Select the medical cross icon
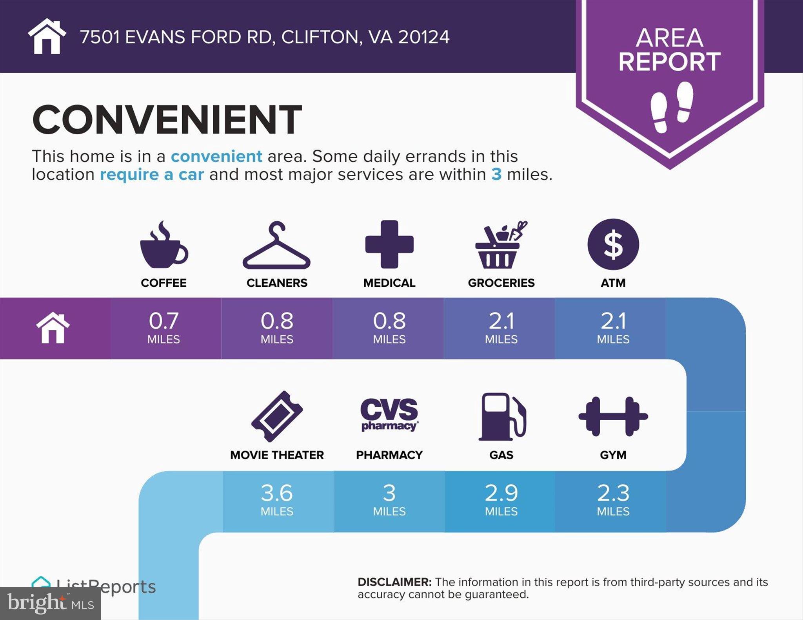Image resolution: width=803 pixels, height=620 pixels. pyautogui.click(x=389, y=244)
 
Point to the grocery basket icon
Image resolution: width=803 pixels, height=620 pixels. pyautogui.click(x=501, y=245)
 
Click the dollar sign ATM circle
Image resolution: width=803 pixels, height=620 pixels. pyautogui.click(x=613, y=244)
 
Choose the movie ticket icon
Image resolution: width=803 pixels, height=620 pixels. pyautogui.click(x=277, y=416)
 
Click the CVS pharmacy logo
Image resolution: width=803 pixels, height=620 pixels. pyautogui.click(x=389, y=414)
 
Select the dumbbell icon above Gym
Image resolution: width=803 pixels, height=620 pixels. pyautogui.click(x=613, y=416)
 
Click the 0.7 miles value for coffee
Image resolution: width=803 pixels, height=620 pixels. pyautogui.click(x=164, y=327)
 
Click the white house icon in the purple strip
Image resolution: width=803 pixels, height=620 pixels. pyautogui.click(x=53, y=328)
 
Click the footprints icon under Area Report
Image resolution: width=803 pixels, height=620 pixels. pyautogui.click(x=671, y=107)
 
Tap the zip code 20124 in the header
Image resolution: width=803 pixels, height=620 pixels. pyautogui.click(x=424, y=37)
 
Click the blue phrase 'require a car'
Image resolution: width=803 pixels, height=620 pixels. pyautogui.click(x=152, y=174)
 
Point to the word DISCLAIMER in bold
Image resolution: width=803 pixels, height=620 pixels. pyautogui.click(x=394, y=582)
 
